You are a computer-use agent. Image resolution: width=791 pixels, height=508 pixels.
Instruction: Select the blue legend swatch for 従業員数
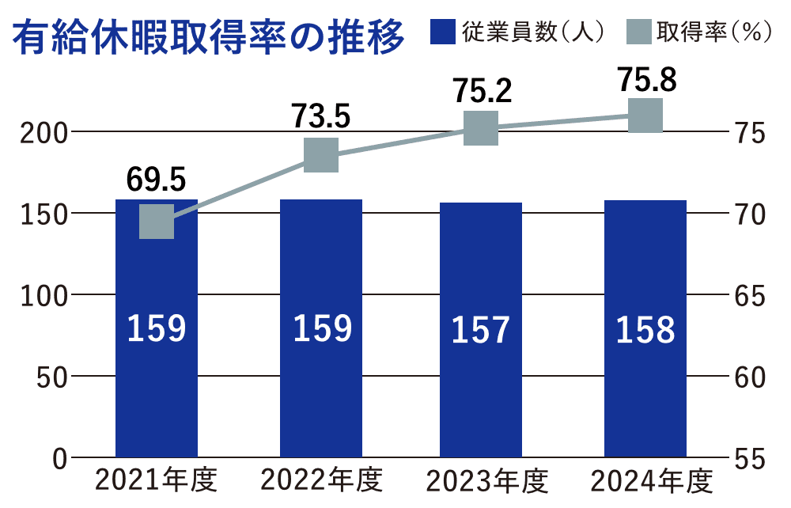click(442, 32)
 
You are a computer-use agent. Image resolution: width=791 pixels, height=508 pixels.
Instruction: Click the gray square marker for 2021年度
click(156, 222)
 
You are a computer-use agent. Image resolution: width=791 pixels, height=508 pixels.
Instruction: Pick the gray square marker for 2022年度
click(321, 154)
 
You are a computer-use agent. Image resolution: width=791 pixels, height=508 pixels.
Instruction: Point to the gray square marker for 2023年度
click(481, 128)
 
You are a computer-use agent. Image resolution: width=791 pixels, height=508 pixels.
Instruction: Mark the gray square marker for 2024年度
click(645, 116)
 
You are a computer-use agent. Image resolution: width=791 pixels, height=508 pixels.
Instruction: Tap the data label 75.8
click(646, 80)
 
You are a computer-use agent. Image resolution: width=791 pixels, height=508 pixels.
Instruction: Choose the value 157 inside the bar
click(481, 330)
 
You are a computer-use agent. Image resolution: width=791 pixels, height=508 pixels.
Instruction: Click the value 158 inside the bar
click(645, 330)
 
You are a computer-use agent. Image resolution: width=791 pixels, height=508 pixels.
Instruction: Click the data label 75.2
click(482, 91)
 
